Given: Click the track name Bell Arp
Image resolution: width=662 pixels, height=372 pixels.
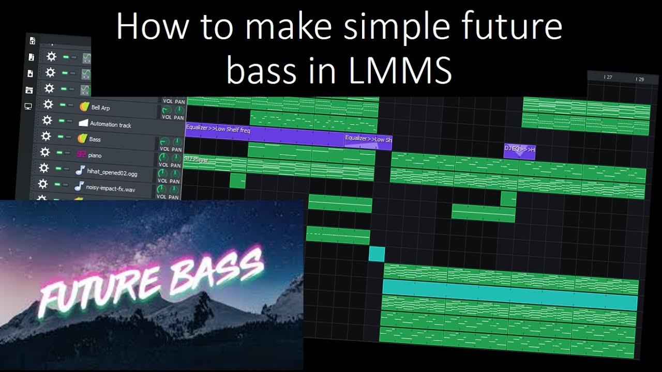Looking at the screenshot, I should (100, 108).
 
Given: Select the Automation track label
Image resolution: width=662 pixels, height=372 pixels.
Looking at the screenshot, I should (111, 125).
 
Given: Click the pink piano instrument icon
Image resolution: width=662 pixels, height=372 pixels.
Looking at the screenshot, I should (81, 154).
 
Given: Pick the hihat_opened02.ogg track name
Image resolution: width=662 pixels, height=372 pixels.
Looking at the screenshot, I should (112, 172).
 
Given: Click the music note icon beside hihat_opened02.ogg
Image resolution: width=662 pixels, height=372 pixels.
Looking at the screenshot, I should (80, 169).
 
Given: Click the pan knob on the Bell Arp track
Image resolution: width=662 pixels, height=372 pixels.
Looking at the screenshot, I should (179, 110).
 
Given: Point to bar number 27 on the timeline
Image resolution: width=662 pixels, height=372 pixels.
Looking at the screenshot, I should (608, 78).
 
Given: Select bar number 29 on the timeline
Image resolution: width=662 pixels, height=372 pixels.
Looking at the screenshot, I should (639, 79).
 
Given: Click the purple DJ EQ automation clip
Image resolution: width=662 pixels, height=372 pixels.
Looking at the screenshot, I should (519, 151).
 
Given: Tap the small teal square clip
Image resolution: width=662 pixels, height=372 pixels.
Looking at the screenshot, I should (377, 254).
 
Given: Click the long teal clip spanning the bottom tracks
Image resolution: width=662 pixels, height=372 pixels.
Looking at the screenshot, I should (509, 295).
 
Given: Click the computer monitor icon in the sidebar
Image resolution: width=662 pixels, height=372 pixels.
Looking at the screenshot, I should (28, 106).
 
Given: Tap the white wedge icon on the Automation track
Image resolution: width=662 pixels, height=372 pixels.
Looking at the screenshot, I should (83, 123).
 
